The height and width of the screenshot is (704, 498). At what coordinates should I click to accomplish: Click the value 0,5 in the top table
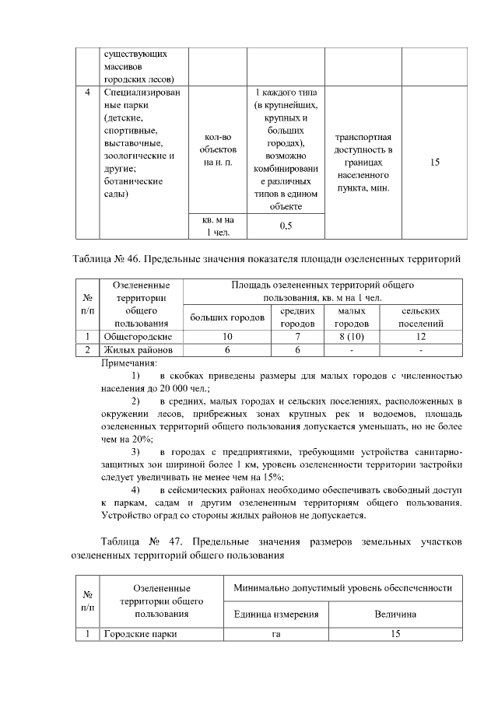coord(285,226)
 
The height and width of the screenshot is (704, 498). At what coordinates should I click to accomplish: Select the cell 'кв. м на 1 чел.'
coord(218,226)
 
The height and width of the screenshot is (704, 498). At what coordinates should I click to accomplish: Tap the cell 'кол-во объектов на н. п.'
coord(218,149)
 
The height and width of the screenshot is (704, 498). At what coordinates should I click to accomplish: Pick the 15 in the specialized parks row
coord(434,163)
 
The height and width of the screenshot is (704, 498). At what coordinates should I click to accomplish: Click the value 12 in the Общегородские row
coord(421,336)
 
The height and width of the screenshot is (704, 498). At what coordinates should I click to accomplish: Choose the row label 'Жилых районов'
coord(137,350)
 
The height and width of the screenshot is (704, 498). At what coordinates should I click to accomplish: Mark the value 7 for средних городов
coord(297,336)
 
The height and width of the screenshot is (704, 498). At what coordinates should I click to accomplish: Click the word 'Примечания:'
coord(129,363)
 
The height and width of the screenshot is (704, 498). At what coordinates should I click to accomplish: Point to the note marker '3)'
coord(135,451)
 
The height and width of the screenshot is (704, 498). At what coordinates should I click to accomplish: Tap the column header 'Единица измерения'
coord(276,615)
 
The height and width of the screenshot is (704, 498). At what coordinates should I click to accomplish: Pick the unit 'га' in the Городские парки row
coord(276,634)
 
